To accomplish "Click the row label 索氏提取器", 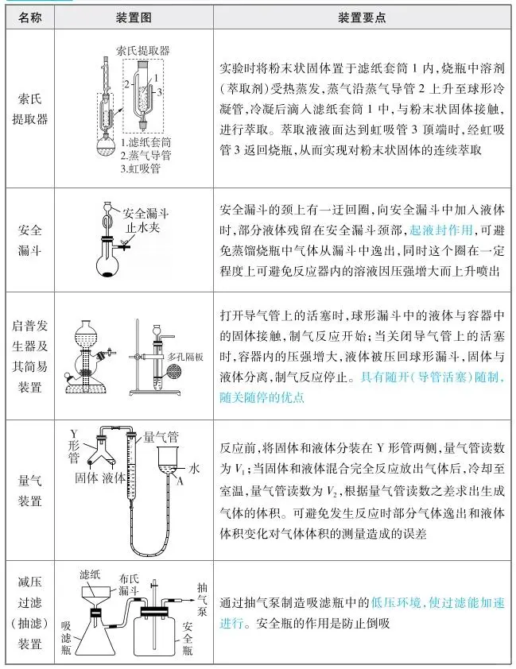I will pyautogui.click(x=32, y=109).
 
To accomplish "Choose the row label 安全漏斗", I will pyautogui.click(x=32, y=239).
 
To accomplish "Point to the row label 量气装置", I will pyautogui.click(x=32, y=489).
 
